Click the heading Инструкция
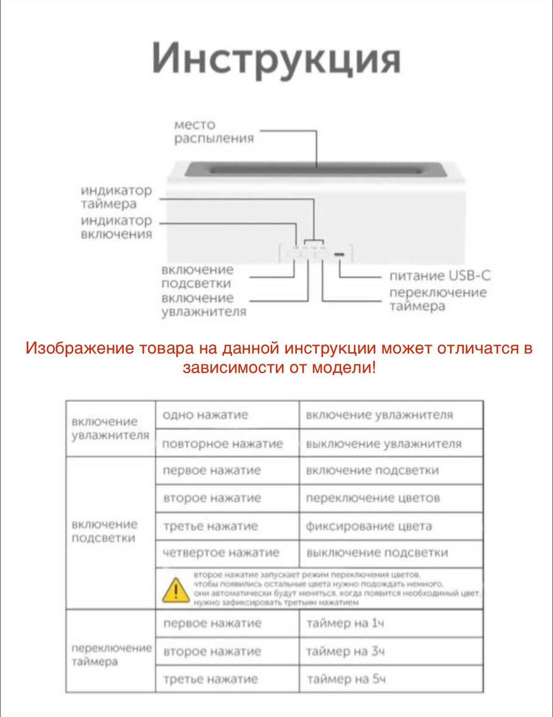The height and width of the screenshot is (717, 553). point(276,59)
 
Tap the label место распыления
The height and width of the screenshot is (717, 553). point(214,132)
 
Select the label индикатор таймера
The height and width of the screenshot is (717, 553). point(116,197)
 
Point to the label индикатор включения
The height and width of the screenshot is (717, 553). point(116,227)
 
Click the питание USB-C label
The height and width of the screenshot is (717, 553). point(440,275)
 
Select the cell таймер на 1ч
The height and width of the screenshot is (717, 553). point(345,623)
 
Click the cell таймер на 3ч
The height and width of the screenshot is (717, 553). point(345,651)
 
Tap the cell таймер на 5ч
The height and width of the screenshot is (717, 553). point(346,679)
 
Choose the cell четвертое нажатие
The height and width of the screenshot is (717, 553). point(221,553)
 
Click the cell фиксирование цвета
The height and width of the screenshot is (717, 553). point(369,526)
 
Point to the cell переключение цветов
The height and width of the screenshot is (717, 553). point(373,498)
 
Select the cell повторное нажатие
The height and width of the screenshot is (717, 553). point(222,443)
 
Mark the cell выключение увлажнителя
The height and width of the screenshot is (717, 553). point(383,443)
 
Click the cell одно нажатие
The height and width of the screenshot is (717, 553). point(205,415)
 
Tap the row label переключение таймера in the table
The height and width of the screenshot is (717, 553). point(111,654)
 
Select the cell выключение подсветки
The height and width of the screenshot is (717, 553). point(377,553)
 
